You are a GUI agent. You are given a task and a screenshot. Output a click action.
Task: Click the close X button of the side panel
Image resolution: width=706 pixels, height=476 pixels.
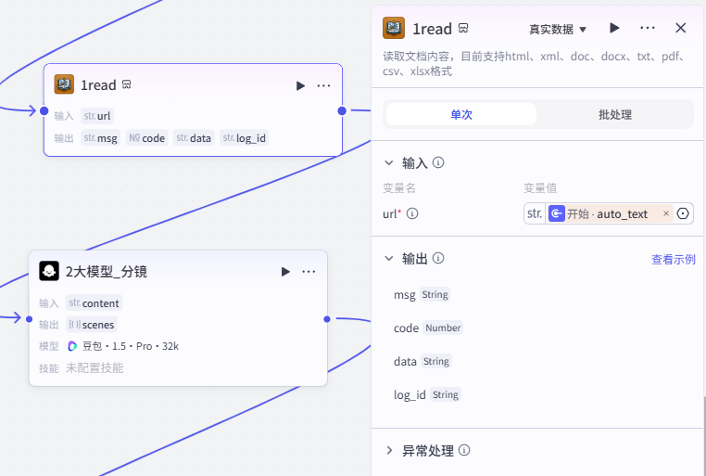[x=680, y=28]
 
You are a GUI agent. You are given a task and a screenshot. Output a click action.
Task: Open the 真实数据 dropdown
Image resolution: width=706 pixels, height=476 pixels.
[x=558, y=30]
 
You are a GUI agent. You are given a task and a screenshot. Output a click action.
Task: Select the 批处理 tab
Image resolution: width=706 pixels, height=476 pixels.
[x=614, y=114]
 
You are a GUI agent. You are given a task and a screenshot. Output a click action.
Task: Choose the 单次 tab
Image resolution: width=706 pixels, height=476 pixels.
[x=461, y=114]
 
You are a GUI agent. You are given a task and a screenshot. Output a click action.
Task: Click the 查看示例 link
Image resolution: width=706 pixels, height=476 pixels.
[x=674, y=259]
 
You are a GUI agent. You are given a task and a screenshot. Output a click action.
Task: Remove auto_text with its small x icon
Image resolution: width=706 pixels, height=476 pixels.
[x=666, y=213]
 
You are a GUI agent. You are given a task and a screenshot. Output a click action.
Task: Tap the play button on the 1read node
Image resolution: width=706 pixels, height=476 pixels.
[x=300, y=85]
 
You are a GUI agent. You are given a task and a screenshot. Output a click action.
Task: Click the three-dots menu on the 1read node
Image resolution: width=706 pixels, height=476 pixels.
[x=323, y=85]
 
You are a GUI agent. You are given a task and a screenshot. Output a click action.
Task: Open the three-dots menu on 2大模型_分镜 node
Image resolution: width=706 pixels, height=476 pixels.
[x=309, y=271]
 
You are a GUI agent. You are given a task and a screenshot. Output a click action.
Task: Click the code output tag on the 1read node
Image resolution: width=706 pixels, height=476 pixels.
[x=146, y=138]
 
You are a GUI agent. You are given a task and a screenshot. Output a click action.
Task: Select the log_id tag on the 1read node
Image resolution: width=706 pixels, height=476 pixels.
[x=244, y=138]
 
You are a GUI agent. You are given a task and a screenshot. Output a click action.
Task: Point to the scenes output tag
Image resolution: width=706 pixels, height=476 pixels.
[x=92, y=325]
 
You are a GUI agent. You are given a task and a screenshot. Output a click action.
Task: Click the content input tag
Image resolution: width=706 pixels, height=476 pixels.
[x=95, y=302]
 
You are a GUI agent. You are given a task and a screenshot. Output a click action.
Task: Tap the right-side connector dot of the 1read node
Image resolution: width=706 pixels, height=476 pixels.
[x=342, y=111]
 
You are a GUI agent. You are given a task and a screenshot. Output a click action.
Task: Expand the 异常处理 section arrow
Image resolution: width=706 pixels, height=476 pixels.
[x=389, y=450]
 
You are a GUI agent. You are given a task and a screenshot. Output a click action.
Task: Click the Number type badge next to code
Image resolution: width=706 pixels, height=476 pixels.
[x=443, y=328]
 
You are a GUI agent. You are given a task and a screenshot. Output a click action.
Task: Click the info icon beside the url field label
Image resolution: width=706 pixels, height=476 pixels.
[x=412, y=213]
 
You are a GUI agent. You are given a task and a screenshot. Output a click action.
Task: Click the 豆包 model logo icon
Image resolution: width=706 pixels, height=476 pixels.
[x=72, y=346]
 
